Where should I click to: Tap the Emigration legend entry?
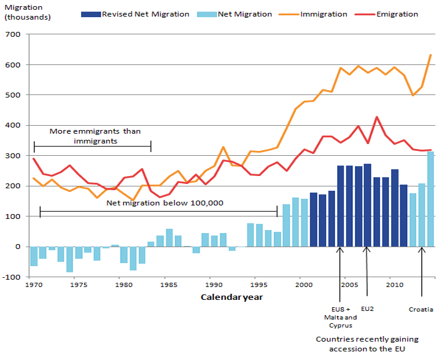(396, 14)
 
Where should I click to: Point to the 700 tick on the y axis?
(14, 35)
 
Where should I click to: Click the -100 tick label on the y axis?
(12, 277)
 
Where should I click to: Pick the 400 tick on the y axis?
(14, 126)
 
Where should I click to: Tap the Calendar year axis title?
(232, 297)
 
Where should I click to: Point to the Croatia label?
(421, 310)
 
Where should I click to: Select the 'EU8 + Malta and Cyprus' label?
(340, 318)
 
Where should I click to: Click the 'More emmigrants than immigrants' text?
(93, 136)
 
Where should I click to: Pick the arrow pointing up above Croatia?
(422, 270)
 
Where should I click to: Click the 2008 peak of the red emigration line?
(376, 117)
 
